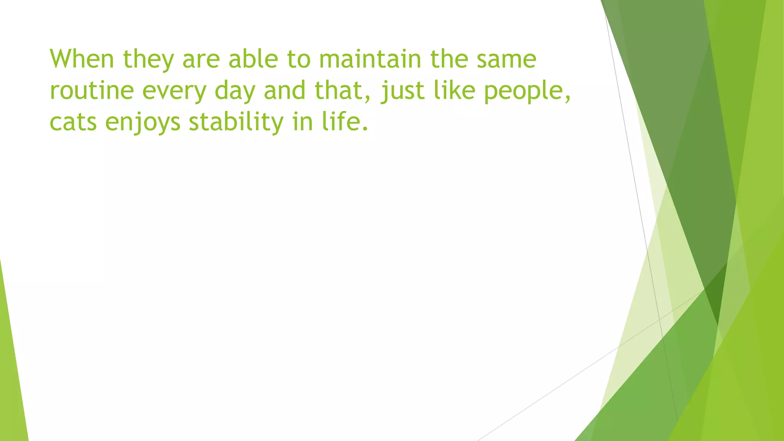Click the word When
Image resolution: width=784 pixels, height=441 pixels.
click(82, 59)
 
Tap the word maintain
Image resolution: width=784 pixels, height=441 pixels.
click(370, 59)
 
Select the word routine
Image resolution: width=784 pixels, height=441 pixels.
click(92, 91)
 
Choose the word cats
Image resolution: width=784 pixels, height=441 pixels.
click(73, 122)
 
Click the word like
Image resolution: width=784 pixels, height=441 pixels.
click(455, 90)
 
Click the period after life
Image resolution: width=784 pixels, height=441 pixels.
click(364, 129)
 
